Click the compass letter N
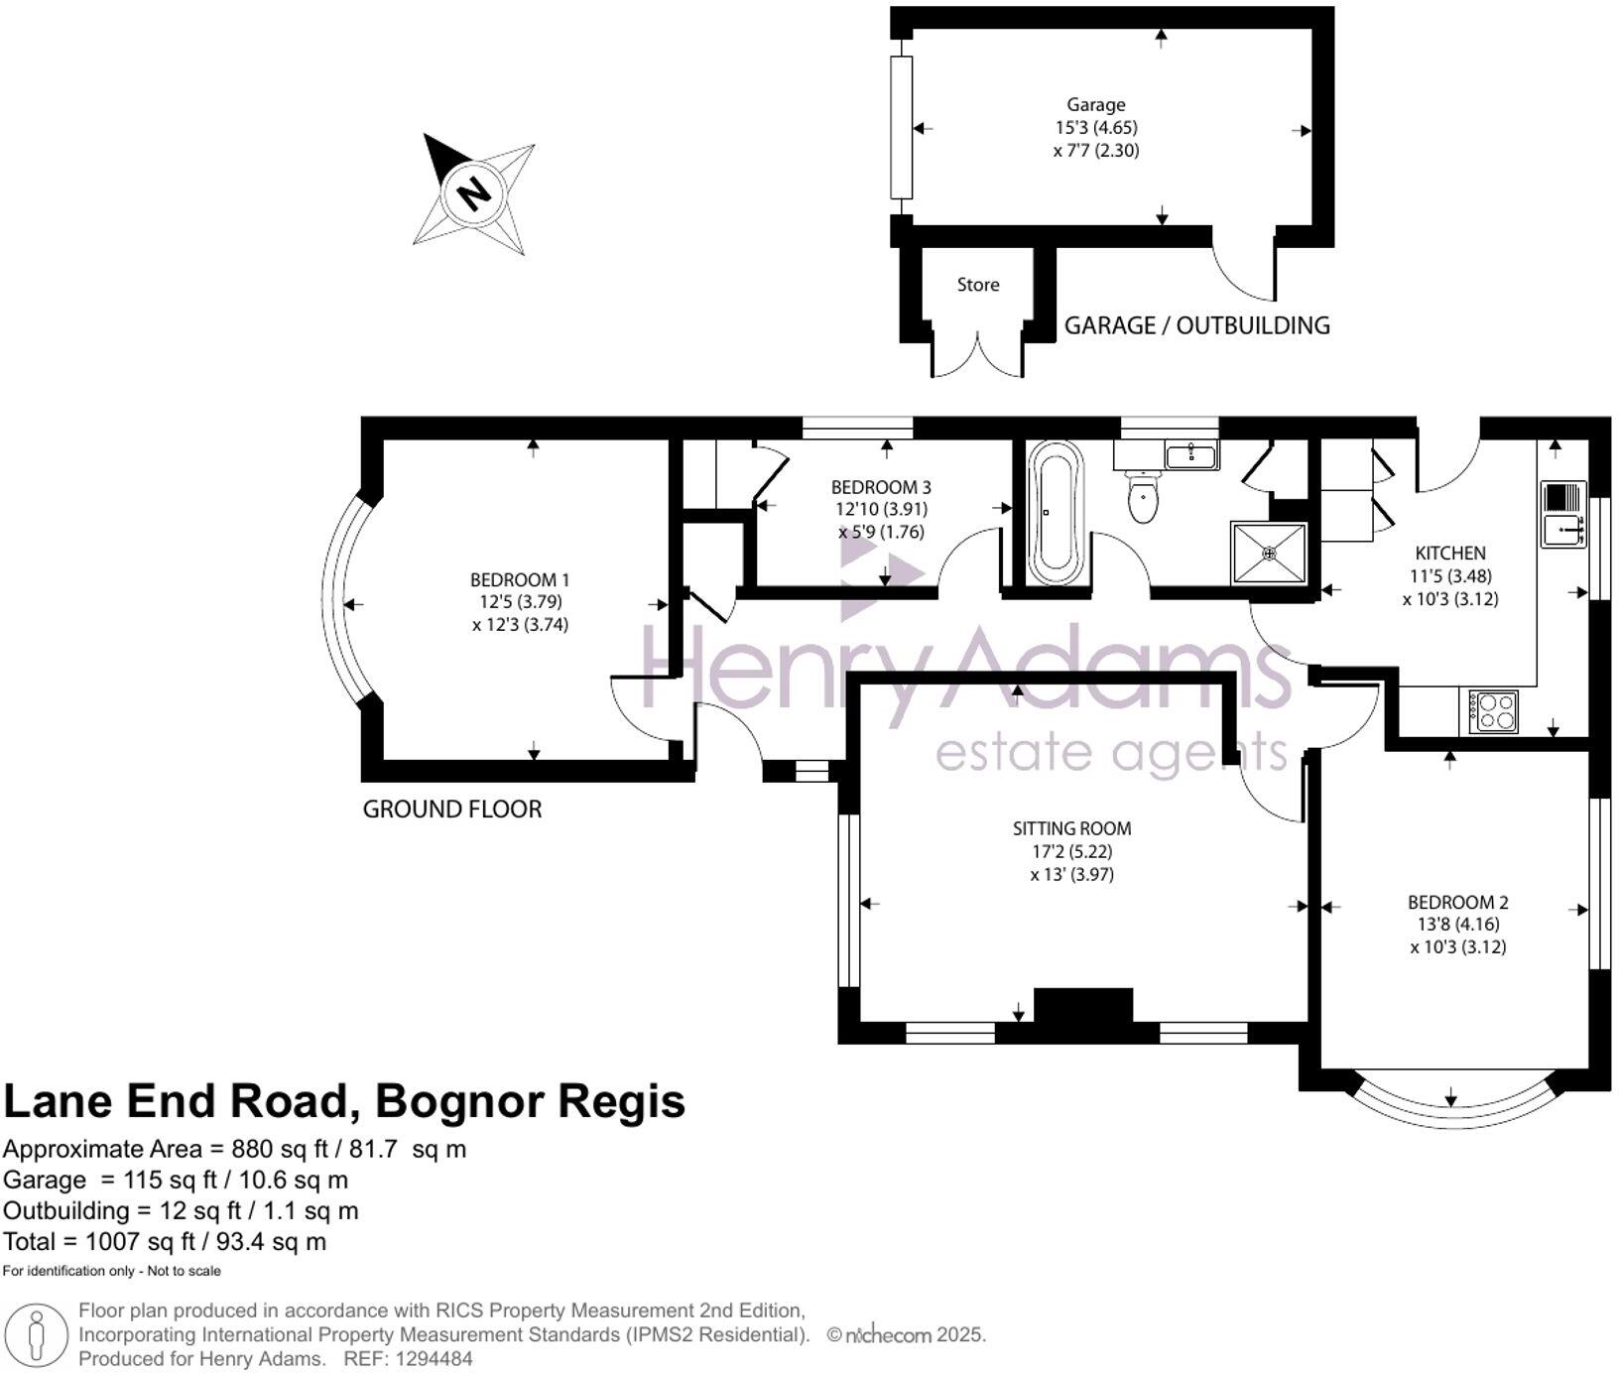coord(474,193)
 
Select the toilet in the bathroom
coord(1143,496)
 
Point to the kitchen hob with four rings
coord(1493,710)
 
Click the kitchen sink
coord(1563,515)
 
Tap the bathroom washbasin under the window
coord(1189,455)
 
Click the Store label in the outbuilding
coord(977,285)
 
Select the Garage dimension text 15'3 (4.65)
coord(1095,128)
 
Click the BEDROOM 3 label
coord(881,487)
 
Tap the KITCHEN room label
coord(1449,554)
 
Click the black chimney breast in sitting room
coord(1083,1005)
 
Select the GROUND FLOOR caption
coord(452,810)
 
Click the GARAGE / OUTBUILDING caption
coord(1196,325)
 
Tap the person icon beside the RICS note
coord(37,1334)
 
